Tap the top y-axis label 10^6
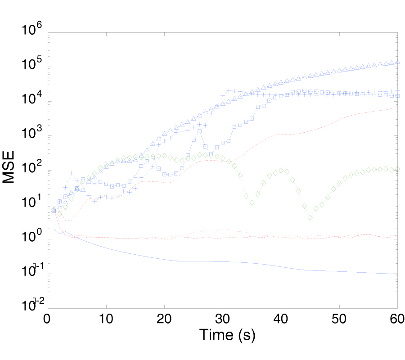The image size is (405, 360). click(x=32, y=32)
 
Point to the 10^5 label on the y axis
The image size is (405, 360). click(x=32, y=67)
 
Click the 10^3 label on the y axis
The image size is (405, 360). click(x=32, y=136)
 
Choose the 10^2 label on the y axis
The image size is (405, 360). click(x=32, y=171)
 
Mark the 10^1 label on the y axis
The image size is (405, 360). click(x=32, y=205)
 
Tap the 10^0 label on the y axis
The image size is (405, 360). click(x=32, y=239)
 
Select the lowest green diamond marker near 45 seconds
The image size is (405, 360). click(x=310, y=217)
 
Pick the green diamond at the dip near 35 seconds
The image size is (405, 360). click(x=252, y=202)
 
